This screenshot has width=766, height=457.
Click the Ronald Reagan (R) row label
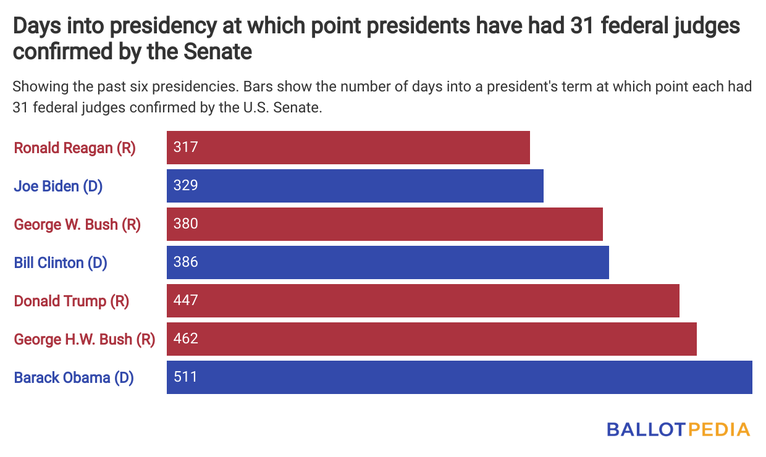pyautogui.click(x=74, y=148)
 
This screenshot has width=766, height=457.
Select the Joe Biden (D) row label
pyautogui.click(x=58, y=186)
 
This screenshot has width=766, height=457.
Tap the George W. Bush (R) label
pyautogui.click(x=77, y=224)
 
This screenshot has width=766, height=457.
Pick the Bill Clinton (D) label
pyautogui.click(x=61, y=262)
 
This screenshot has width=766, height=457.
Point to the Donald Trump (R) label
pyautogui.click(x=71, y=301)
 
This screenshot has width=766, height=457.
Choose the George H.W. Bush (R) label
pyautogui.click(x=84, y=339)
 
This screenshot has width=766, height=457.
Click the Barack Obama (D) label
pyautogui.click(x=74, y=377)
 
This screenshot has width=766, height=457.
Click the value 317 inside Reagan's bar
pyautogui.click(x=185, y=147)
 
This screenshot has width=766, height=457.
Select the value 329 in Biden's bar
pyautogui.click(x=185, y=185)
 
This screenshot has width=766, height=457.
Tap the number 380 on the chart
pyautogui.click(x=185, y=224)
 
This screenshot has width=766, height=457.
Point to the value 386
pyautogui.click(x=185, y=262)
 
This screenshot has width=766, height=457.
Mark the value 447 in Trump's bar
pyautogui.click(x=185, y=300)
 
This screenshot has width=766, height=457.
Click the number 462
pyautogui.click(x=185, y=338)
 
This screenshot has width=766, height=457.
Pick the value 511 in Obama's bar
pyautogui.click(x=185, y=377)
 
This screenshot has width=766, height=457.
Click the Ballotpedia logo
pyautogui.click(x=678, y=429)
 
